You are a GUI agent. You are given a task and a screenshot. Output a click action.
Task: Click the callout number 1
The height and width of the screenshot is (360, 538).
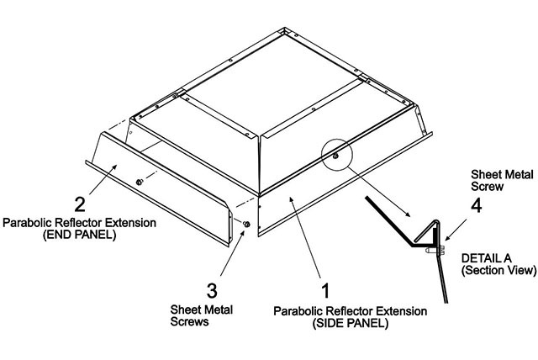325,290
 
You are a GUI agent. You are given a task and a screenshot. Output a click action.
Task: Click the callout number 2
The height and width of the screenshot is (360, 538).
80,204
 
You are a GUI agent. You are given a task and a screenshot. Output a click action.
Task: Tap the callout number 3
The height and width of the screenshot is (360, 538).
212,290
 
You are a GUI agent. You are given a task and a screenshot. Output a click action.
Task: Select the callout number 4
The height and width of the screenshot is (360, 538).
477,205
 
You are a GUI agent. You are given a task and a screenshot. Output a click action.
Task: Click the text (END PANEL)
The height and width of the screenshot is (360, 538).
79,235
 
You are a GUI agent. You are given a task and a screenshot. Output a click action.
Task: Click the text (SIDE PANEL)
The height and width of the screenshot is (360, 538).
350,323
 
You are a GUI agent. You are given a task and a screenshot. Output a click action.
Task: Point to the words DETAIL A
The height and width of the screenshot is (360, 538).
486,258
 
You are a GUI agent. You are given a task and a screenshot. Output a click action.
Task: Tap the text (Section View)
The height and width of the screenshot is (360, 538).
498,270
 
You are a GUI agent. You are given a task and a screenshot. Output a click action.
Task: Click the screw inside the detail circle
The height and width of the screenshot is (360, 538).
335,156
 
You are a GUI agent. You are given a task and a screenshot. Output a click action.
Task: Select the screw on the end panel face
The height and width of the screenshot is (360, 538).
140,182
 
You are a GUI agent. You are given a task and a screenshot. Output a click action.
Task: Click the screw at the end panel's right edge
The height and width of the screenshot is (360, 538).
246,225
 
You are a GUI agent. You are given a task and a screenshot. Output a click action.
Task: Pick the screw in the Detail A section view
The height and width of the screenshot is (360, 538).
435,251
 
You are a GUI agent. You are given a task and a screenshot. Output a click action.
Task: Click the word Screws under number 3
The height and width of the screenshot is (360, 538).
189,321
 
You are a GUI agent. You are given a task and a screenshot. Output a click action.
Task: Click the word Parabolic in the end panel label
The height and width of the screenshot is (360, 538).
28,223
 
